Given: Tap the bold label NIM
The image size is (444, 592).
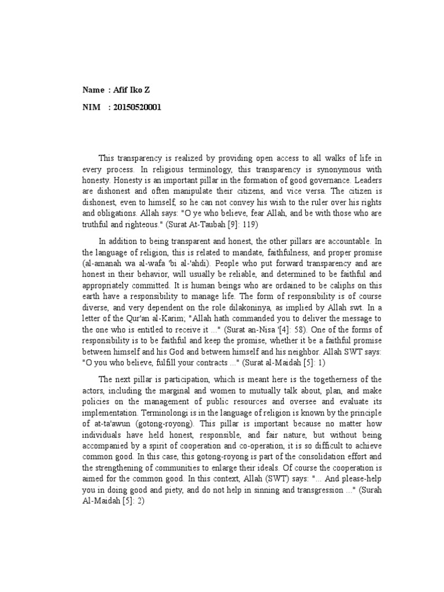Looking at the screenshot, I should pos(90,108).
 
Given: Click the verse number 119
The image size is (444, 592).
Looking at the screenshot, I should pos(253,223).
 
